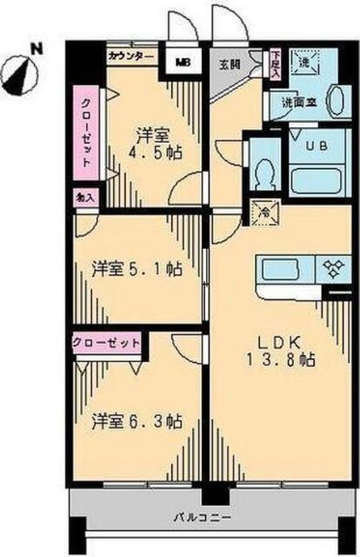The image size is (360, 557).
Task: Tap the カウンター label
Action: [x=130, y=56]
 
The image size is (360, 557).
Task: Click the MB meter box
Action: [x=183, y=62]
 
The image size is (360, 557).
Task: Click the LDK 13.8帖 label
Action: [x=282, y=350]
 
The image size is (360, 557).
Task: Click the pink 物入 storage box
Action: [x=86, y=198]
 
